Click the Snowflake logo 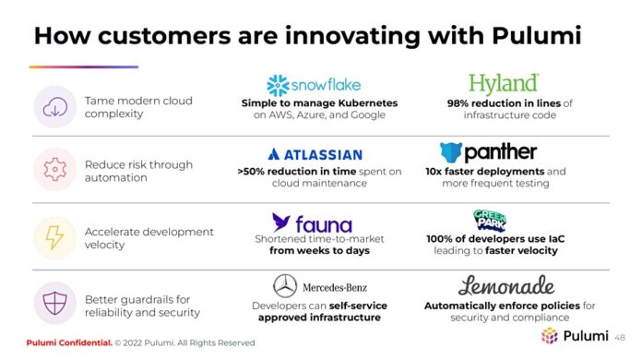(x=315, y=85)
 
